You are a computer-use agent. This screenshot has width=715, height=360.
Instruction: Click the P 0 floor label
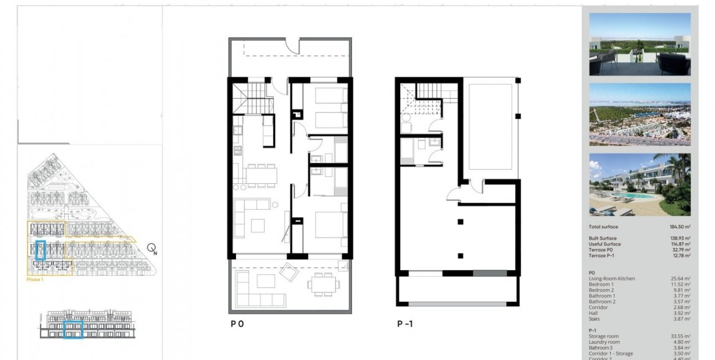[237, 325]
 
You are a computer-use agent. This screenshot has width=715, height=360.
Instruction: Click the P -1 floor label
[405, 325]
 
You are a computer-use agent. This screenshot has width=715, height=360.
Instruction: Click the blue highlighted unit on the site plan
[40, 250]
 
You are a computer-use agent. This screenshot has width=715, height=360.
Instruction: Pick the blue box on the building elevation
[73, 330]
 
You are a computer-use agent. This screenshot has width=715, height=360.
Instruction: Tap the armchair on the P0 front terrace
[289, 272]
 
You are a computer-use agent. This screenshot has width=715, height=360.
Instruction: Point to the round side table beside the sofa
[275, 205]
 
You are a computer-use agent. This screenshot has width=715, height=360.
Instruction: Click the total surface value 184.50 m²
[679, 227]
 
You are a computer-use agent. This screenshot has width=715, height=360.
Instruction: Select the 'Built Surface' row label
[603, 238]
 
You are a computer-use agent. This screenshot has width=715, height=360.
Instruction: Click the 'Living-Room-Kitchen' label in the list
[612, 279]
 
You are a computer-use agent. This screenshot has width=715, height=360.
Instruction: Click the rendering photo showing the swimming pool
[640, 184]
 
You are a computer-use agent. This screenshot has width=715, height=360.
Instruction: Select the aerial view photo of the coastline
[640, 115]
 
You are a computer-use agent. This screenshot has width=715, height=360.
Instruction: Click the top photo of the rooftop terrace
[640, 44]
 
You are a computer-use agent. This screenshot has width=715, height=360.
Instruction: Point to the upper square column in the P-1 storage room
[460, 222]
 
